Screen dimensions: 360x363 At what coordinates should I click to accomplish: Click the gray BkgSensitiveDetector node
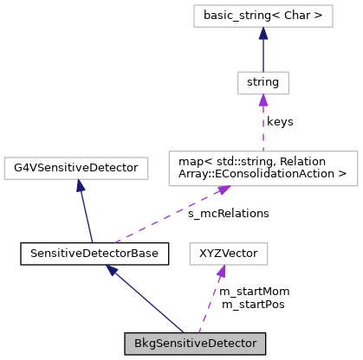click(194, 344)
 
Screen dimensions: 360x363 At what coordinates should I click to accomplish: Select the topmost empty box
click(263, 16)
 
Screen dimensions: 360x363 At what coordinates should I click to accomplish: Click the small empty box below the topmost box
click(263, 83)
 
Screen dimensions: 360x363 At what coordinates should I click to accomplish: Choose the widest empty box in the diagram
click(263, 169)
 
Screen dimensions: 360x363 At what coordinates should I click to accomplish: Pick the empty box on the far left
click(76, 168)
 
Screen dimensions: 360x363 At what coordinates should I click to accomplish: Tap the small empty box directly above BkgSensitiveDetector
click(229, 254)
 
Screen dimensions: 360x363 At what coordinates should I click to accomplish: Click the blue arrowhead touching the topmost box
click(263, 34)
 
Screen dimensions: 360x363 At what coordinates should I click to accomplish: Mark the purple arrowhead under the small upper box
click(263, 101)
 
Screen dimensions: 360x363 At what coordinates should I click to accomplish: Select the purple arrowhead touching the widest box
click(224, 190)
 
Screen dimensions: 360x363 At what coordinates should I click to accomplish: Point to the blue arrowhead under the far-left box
click(80, 186)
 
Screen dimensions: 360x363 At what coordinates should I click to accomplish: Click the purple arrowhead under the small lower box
click(222, 273)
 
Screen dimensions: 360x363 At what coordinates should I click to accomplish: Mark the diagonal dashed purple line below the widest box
click(169, 215)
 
